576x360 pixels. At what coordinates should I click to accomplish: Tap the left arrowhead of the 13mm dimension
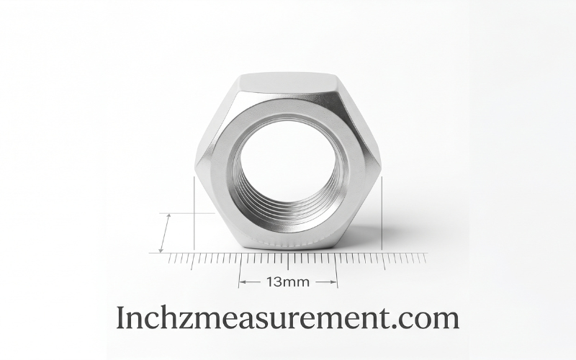[x=242, y=282]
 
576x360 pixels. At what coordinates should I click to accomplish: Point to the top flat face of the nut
[x=287, y=84]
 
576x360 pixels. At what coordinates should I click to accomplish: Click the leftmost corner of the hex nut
[x=195, y=165]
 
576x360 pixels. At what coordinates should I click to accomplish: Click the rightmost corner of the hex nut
[x=379, y=165]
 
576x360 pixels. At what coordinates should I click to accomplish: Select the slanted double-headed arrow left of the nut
[x=164, y=233]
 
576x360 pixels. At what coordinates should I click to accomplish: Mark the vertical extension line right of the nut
[x=382, y=213]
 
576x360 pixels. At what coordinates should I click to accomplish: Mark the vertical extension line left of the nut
[x=194, y=213]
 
